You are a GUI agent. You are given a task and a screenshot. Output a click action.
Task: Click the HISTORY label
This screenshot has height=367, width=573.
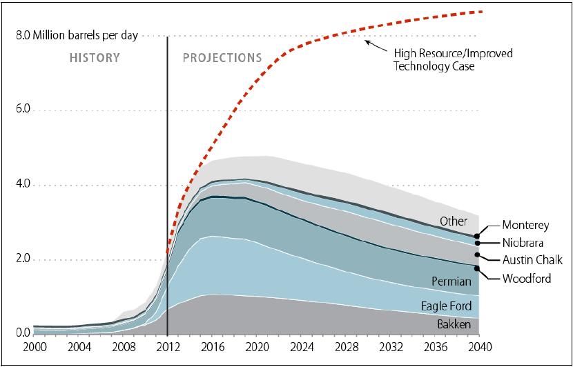pos(95,58)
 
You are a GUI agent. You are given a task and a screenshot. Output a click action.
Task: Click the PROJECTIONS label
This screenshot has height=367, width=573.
pos(222,58)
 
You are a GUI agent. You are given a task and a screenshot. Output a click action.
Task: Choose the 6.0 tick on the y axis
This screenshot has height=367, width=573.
pos(22,110)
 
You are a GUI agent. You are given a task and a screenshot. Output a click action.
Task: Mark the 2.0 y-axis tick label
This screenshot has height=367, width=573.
pos(22,260)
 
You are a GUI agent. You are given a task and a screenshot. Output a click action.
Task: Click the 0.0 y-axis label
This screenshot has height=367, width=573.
pos(22,335)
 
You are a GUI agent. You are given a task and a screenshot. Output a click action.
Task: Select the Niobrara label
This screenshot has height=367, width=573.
pos(522,242)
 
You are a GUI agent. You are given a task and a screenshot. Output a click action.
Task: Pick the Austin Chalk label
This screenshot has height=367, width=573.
pos(532,260)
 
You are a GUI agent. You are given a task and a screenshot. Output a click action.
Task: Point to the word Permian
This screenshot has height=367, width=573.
pos(451,281)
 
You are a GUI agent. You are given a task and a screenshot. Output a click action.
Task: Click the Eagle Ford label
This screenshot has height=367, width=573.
pos(447,306)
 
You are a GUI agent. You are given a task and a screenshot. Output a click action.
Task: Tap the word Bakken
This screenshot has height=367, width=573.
pos(454,324)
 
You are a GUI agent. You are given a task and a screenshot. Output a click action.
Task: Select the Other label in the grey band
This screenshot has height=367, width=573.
pos(454,221)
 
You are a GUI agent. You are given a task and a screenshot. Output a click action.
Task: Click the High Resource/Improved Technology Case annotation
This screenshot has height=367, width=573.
pos(452,59)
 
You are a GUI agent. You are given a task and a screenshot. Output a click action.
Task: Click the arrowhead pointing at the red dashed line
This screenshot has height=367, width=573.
pos(367,43)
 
